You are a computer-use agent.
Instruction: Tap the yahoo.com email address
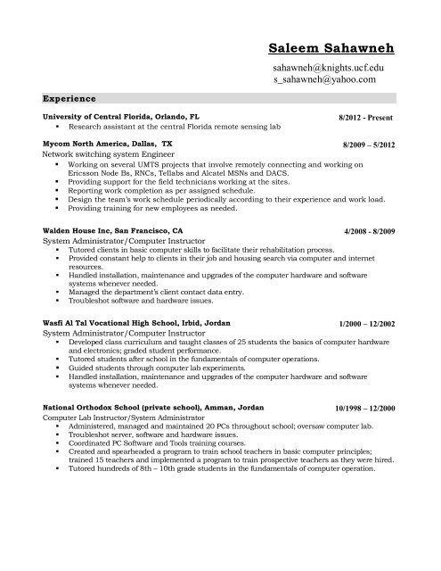click(325, 79)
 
